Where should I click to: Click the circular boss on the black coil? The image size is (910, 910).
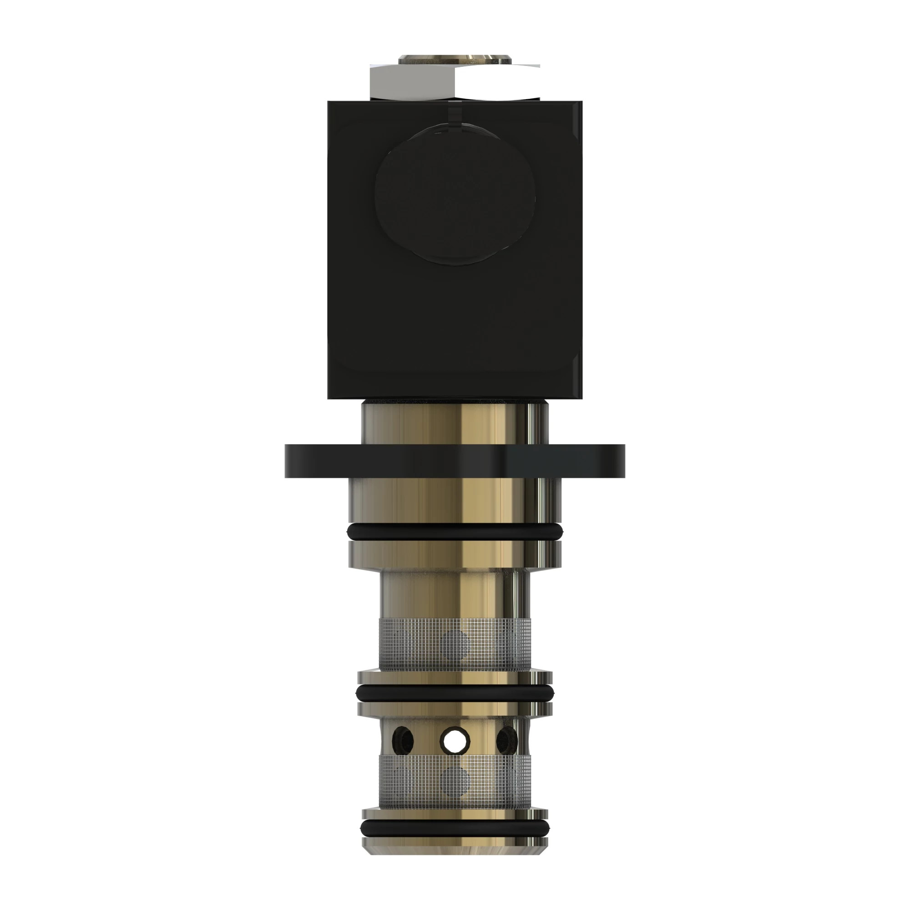[455, 194]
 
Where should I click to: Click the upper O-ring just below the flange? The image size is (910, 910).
[455, 533]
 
